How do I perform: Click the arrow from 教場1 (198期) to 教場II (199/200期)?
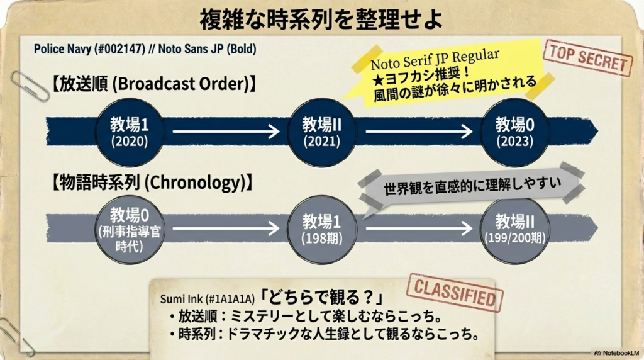[418, 228]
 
